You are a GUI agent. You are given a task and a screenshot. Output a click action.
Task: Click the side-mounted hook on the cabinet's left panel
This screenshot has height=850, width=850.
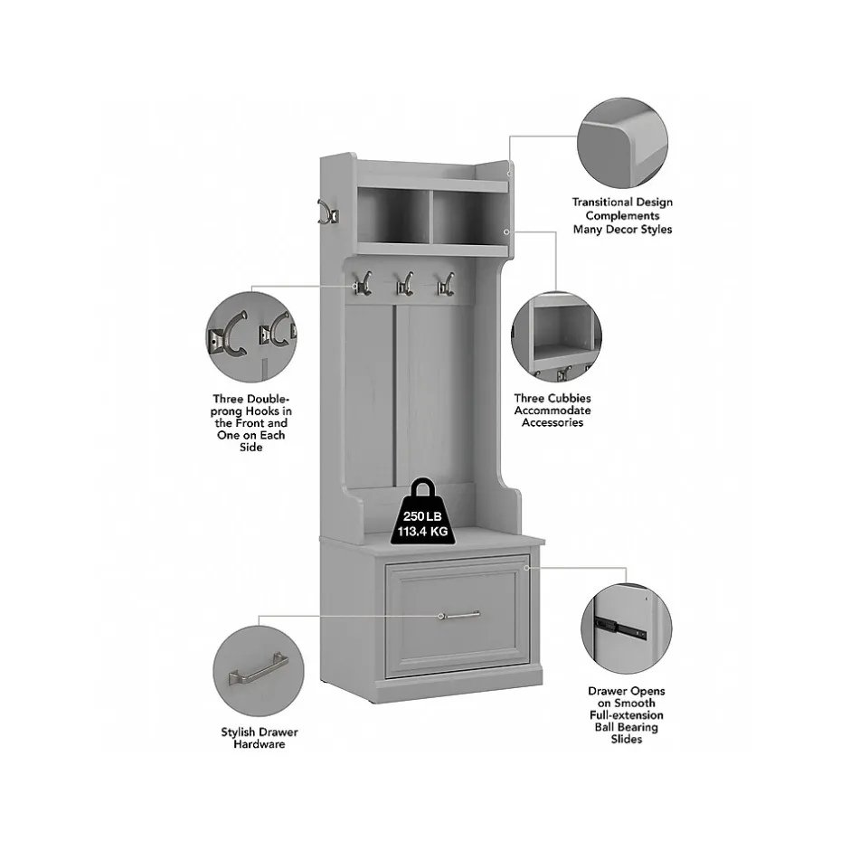(328, 212)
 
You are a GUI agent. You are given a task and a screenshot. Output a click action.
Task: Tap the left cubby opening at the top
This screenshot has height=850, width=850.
(393, 216)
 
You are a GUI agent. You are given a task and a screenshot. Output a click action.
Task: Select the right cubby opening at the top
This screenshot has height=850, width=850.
(470, 218)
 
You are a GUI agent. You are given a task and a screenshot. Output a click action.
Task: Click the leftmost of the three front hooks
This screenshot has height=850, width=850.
(363, 283)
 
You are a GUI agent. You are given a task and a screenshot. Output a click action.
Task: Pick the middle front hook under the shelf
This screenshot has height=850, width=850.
(405, 284)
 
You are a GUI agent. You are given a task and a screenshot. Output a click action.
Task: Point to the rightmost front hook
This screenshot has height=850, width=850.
(446, 284)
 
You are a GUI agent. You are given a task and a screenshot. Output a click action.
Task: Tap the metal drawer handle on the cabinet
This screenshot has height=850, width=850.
(459, 615)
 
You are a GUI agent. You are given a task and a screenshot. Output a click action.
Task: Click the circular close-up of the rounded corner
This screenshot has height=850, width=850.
(622, 143)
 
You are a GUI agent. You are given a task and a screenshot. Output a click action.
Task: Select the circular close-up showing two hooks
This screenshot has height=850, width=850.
(251, 336)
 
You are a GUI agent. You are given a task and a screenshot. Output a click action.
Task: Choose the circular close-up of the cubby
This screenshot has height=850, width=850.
(556, 337)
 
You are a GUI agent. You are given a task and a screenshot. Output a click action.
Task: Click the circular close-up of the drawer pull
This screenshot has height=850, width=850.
(259, 671)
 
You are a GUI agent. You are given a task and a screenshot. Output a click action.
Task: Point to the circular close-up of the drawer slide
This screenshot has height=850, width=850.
(626, 628)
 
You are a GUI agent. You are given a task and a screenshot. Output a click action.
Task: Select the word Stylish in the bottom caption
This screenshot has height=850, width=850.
(239, 732)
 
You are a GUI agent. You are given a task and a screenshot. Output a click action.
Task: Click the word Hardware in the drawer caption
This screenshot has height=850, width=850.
(260, 744)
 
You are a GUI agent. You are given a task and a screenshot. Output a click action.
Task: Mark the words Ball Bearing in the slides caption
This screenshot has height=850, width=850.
(626, 728)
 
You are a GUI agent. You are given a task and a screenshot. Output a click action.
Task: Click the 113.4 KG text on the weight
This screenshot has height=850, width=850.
(423, 532)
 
